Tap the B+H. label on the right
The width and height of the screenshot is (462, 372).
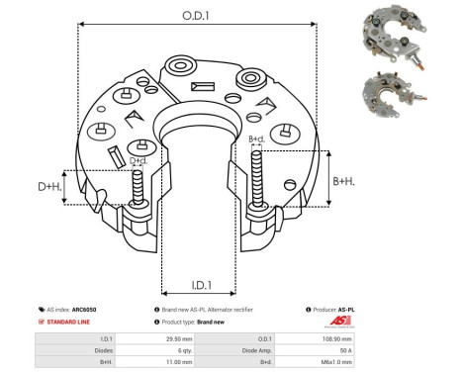coord(344,181)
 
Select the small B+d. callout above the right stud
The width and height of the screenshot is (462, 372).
coord(255,139)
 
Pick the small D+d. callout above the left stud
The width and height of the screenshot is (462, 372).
coord(139,160)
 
